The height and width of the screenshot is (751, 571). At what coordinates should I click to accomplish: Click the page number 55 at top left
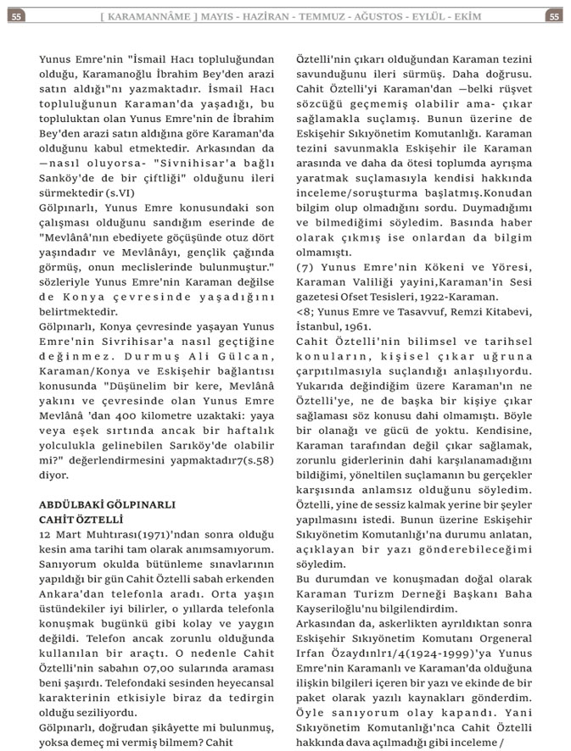pos(17,16)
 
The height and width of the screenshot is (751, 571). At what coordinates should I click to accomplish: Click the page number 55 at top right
pos(553,16)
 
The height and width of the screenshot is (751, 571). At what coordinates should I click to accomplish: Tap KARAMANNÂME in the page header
pos(155,16)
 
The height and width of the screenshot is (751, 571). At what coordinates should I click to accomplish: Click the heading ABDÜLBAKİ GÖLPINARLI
pos(107,503)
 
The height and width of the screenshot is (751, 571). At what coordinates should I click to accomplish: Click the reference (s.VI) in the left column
pos(122,193)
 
